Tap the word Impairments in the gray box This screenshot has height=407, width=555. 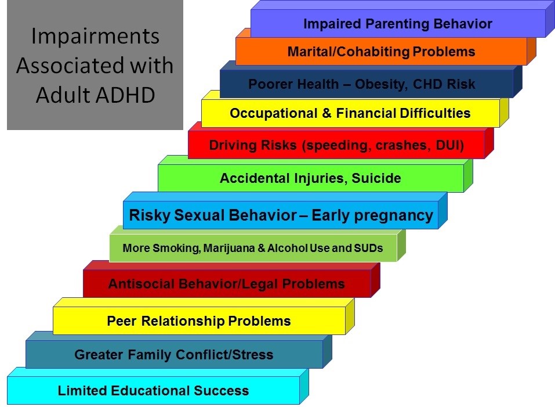point(95,37)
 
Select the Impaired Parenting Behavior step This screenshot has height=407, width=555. point(398,23)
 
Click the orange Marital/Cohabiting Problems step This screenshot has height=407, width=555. point(381,51)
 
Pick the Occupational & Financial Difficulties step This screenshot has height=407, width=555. point(350,113)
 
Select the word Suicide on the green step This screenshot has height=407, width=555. point(376,178)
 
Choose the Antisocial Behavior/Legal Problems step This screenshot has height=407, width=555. point(227,284)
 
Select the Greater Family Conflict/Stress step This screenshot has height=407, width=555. point(174,354)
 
